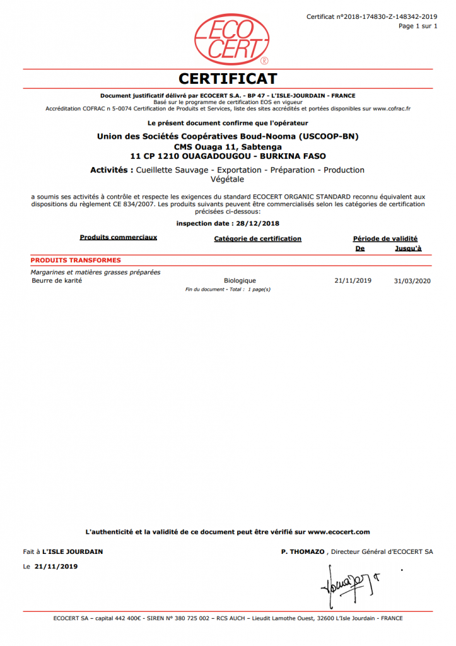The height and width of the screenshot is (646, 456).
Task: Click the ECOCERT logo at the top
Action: [x=228, y=39]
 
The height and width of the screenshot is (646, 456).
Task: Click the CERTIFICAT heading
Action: [x=228, y=79]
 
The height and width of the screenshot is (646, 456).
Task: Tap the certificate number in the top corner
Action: [x=371, y=16]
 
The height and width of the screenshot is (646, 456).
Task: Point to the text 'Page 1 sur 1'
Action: [x=417, y=26]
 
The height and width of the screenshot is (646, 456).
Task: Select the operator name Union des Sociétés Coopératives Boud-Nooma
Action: [x=228, y=136]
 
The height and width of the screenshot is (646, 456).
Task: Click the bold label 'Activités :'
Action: [x=112, y=170]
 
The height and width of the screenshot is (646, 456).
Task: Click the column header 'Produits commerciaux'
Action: [x=119, y=238]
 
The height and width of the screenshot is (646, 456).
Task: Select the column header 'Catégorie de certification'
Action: [x=258, y=239]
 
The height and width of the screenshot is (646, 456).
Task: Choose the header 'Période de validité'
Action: [x=385, y=239]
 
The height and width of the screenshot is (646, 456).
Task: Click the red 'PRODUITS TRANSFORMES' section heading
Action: [x=76, y=260]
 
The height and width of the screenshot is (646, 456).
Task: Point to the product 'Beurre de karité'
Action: [x=57, y=281]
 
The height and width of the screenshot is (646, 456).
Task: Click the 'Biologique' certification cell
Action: [x=240, y=281]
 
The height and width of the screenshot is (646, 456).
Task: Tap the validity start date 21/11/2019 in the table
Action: [x=353, y=281]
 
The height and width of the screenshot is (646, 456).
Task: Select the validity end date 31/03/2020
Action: [x=411, y=281]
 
